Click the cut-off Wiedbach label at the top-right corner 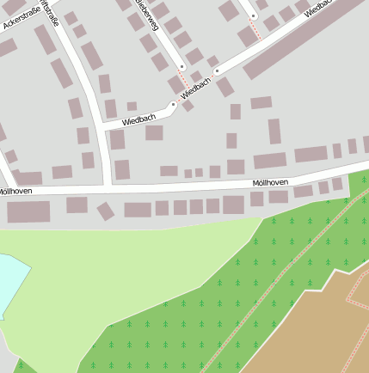coord(320,8)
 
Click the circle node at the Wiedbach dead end coord(173,106)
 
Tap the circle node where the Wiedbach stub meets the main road coord(217,70)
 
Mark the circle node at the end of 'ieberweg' coord(181,66)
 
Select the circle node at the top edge coord(254,15)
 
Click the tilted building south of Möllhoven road coord(105,211)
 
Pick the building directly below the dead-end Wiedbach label coord(154,132)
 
